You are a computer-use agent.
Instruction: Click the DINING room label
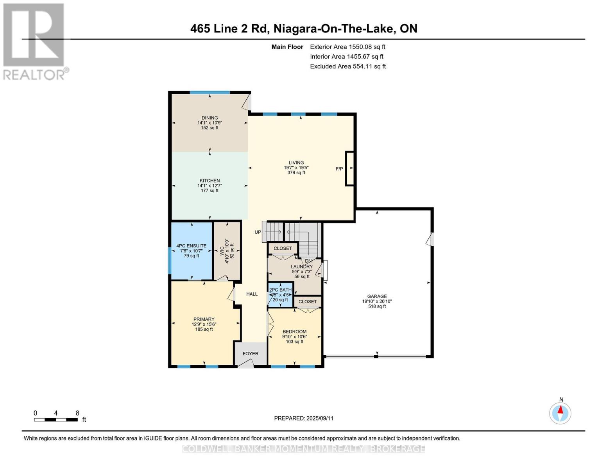pos(209,118)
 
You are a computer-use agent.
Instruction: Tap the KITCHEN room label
pos(209,181)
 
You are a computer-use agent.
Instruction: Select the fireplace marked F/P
pos(349,168)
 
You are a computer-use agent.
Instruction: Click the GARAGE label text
pos(377,296)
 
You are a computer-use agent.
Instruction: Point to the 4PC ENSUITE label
pos(191,246)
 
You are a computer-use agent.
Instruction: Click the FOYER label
pos(251,353)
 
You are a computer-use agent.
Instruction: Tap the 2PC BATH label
pos(280,290)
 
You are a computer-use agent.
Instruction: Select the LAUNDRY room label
pos(302,267)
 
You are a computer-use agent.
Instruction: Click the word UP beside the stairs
pos(258,232)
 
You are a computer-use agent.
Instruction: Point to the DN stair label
pos(308,261)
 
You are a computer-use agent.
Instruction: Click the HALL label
pos(252,294)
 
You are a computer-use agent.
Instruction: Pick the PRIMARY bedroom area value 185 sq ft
pos(204,329)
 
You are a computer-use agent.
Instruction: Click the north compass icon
pos(560,413)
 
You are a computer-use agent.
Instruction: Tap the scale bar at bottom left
pos(56,420)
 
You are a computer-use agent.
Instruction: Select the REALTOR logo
pos(35,41)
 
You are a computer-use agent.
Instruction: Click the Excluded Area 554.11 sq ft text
pos(347,66)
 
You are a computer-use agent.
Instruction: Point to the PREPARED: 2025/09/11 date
pos(303,418)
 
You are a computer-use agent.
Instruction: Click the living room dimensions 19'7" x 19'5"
pos(296,168)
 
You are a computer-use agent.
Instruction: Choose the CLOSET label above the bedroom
pos(308,302)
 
